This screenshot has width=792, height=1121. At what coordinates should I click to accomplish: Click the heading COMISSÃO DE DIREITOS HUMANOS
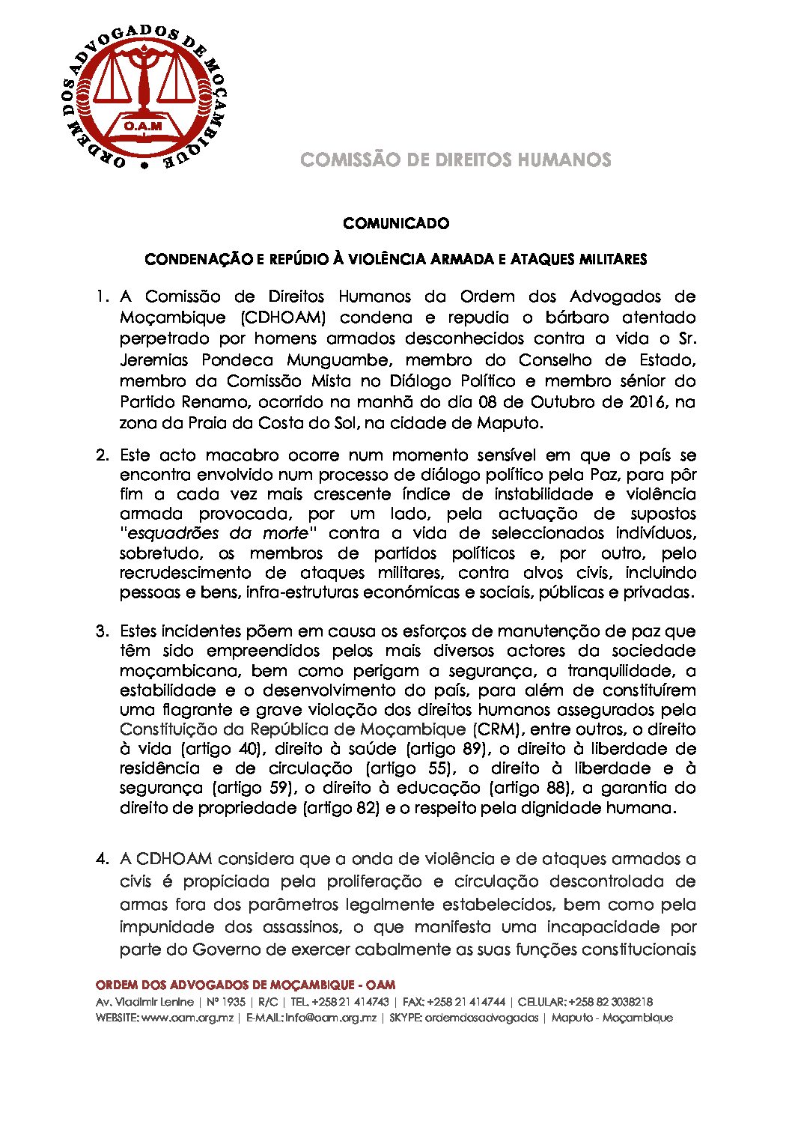455,160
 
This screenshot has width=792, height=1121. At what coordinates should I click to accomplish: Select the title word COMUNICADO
396,223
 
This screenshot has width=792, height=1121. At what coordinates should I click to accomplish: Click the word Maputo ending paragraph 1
508,423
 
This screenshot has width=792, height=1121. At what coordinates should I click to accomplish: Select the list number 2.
102,455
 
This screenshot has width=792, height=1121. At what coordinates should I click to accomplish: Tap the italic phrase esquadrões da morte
219,533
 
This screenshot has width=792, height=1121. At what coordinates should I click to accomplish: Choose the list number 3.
102,631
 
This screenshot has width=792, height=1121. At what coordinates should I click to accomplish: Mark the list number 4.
102,859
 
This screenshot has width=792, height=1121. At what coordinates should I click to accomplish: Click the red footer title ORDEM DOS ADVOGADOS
246,985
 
